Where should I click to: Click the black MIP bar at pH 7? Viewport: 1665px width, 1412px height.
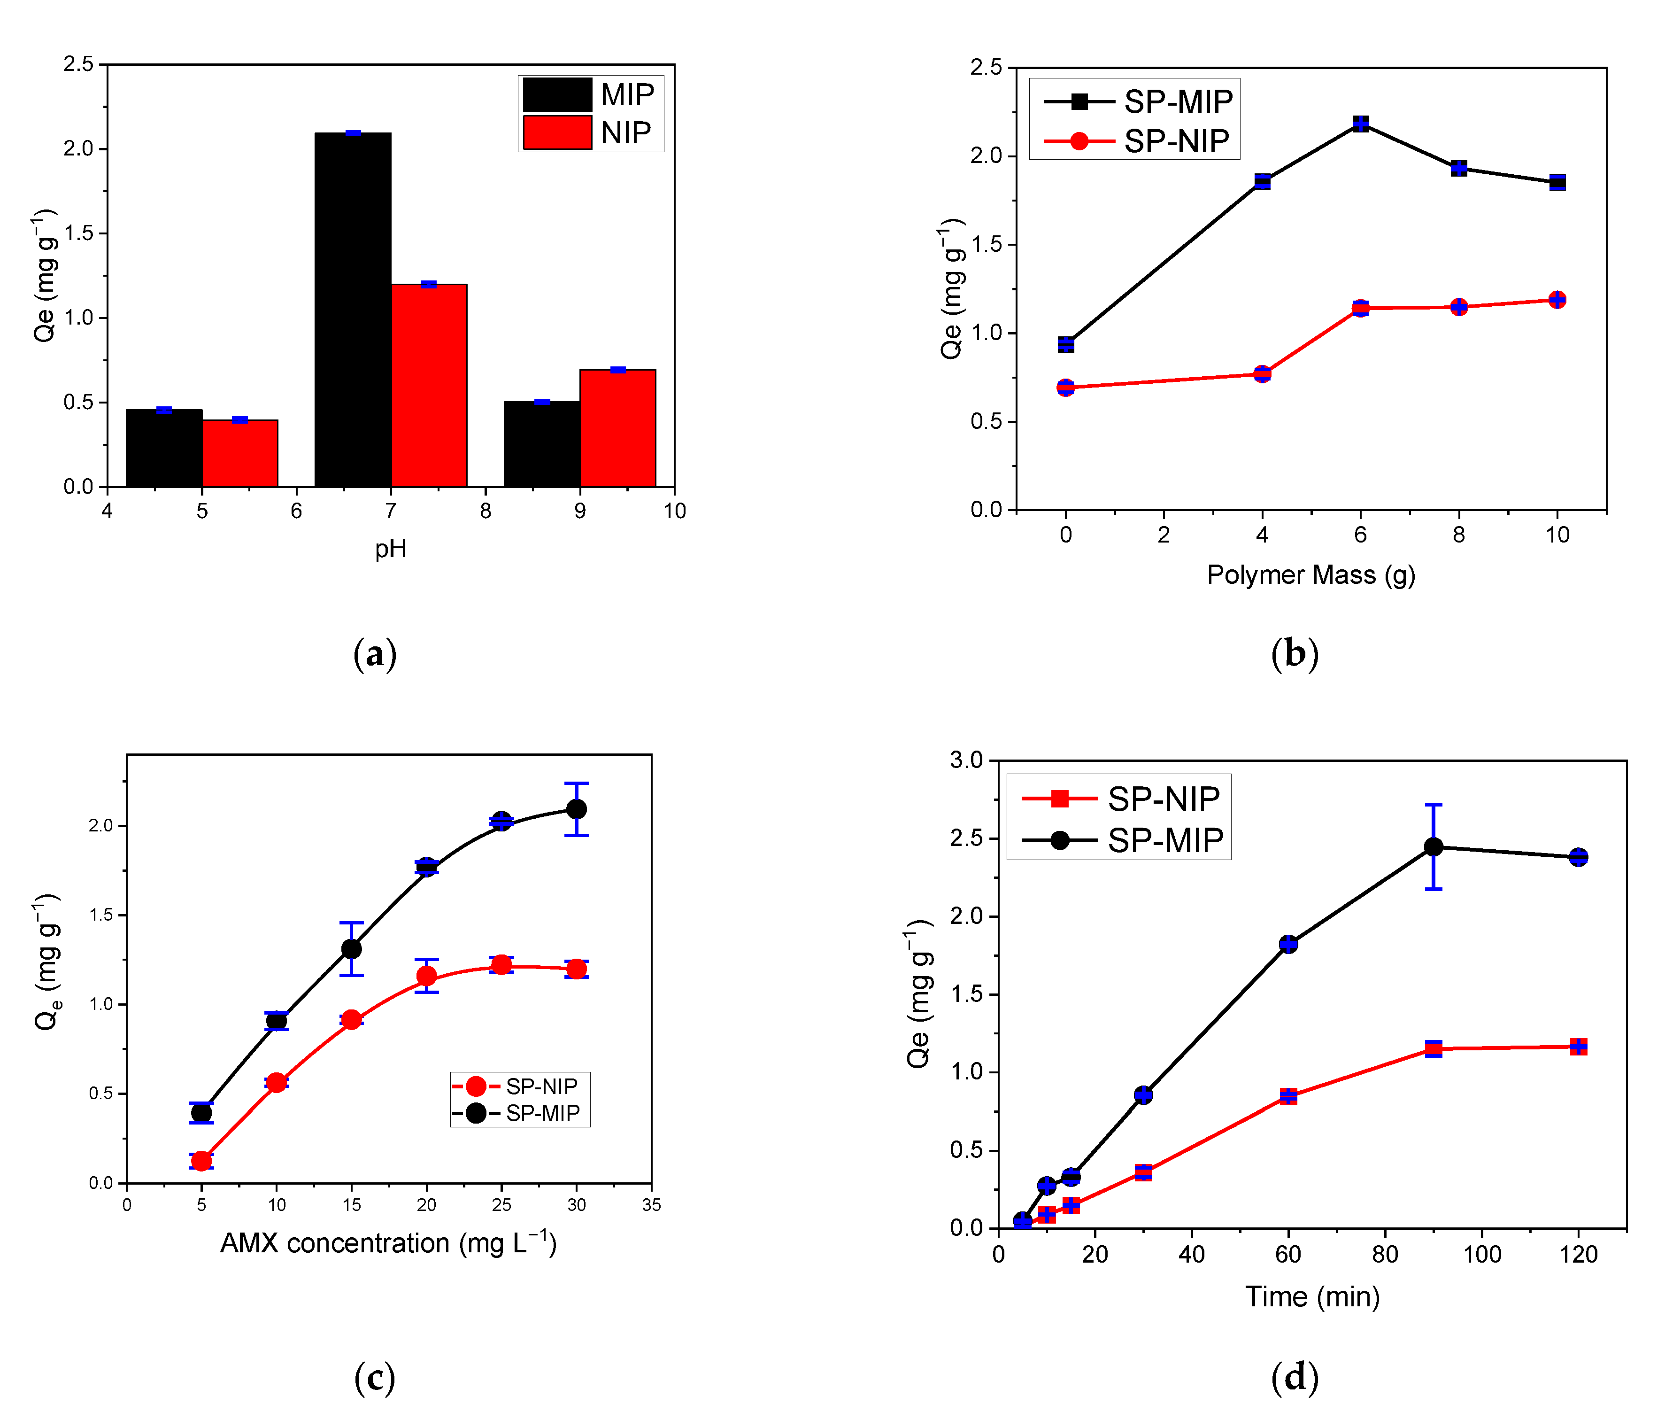[352, 309]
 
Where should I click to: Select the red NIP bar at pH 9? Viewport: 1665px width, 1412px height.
[617, 428]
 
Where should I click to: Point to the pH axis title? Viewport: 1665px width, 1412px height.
[391, 549]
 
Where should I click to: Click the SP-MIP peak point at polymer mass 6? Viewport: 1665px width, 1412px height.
[1360, 123]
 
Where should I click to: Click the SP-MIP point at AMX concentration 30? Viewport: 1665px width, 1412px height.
[576, 809]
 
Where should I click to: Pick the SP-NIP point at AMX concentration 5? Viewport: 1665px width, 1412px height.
[201, 1161]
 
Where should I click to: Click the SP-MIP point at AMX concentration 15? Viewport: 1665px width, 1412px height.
[351, 948]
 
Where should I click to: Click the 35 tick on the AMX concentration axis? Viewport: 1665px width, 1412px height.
[651, 1205]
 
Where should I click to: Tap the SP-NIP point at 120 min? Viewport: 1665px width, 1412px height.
[1578, 1046]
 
